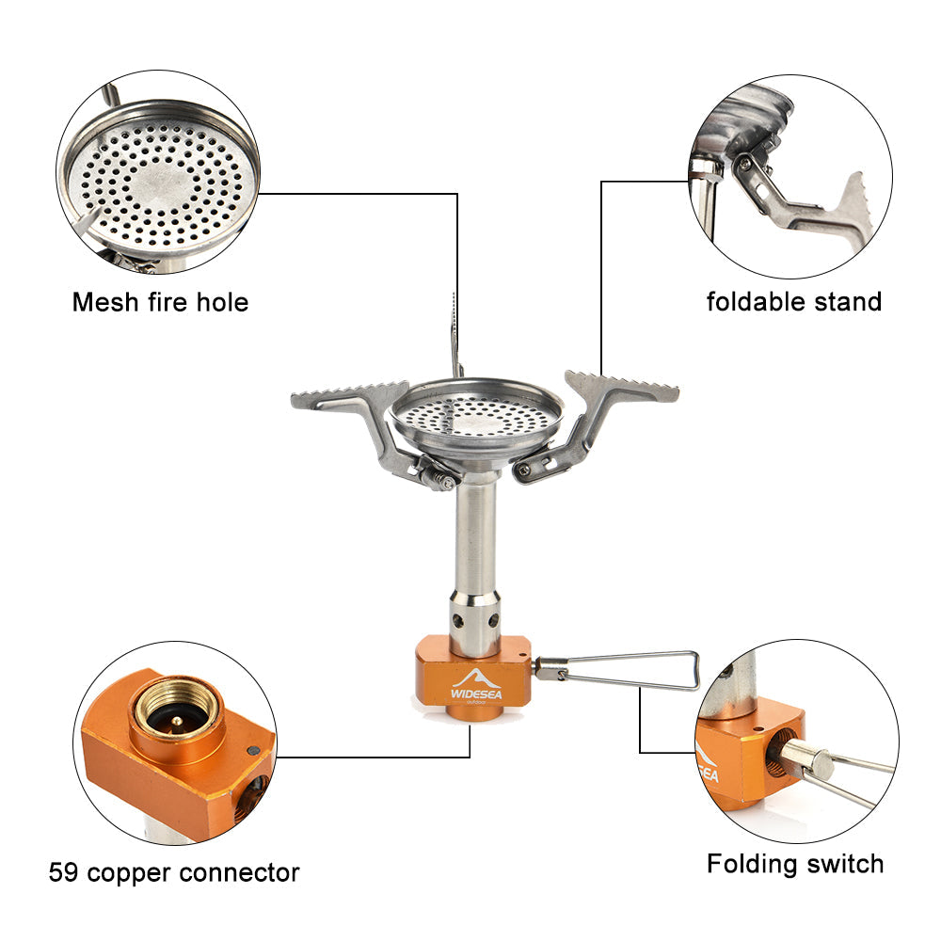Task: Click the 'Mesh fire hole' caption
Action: click(160, 302)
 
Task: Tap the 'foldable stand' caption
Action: click(794, 302)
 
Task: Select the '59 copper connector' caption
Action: click(174, 872)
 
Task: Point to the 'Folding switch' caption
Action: click(795, 863)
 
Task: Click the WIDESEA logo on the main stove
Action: click(470, 684)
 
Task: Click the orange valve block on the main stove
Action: click(470, 673)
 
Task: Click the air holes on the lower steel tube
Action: click(476, 620)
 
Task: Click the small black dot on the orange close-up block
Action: click(251, 750)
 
